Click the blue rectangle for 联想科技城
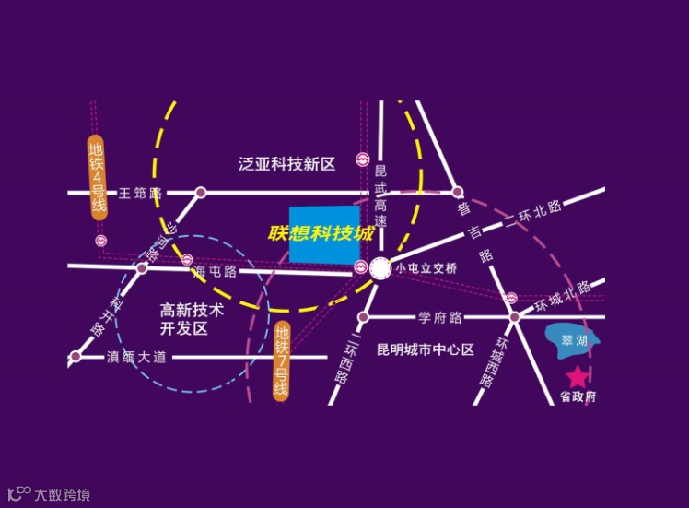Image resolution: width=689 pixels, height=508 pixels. pyautogui.click(x=324, y=234)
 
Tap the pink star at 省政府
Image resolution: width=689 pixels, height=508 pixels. pyautogui.click(x=577, y=376)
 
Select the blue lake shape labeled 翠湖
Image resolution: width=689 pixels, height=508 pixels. pyautogui.click(x=572, y=339)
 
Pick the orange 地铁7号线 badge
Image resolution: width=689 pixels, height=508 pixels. pyautogui.click(x=282, y=360)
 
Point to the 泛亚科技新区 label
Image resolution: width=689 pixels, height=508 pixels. pyautogui.click(x=286, y=164)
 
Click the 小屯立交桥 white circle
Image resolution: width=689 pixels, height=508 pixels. pyautogui.click(x=380, y=269)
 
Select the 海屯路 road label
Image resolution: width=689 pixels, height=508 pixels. pyautogui.click(x=216, y=272)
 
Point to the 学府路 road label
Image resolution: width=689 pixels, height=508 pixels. pyautogui.click(x=440, y=318)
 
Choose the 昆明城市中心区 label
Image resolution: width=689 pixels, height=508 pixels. pyautogui.click(x=426, y=350)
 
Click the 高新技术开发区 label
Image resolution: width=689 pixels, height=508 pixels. pyautogui.click(x=192, y=319)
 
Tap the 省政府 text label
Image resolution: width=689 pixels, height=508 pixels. pyautogui.click(x=578, y=397)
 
